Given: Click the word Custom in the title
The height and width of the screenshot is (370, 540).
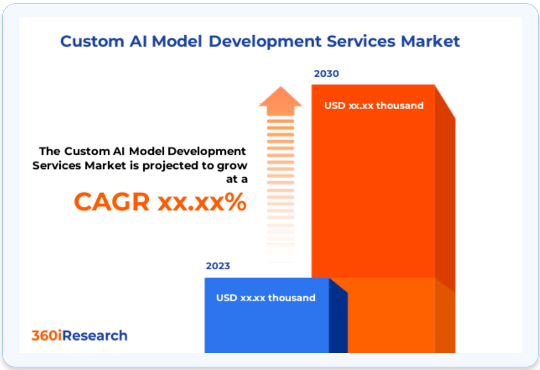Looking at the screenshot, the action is point(92,41).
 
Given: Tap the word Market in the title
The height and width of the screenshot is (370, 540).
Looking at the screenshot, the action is point(430,41).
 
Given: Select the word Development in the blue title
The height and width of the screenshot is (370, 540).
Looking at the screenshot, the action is point(265,42).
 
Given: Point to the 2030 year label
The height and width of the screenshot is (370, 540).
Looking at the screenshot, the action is point(326,73).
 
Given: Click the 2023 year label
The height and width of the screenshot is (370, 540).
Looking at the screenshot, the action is point(217,266).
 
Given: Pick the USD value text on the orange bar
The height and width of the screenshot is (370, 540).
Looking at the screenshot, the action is point(373,106).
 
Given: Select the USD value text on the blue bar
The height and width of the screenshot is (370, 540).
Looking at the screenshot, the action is point(266,298).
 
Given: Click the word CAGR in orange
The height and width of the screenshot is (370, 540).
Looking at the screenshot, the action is point(112,202).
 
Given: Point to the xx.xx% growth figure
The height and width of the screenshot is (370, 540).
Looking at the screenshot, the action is point(202,202).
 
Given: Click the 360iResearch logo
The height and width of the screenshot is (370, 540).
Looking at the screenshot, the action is point(79,335).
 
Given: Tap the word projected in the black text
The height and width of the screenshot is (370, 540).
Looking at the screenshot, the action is point(170,166).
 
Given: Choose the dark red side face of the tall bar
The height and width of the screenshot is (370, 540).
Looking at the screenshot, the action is point(445,193).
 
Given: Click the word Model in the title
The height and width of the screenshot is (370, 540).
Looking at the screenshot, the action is point(177,41).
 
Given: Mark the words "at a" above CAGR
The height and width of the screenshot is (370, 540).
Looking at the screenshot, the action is point(236,179).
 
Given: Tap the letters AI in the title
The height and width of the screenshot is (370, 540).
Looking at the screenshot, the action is point(138,41).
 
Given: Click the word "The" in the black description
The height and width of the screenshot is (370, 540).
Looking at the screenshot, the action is point(50,151).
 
